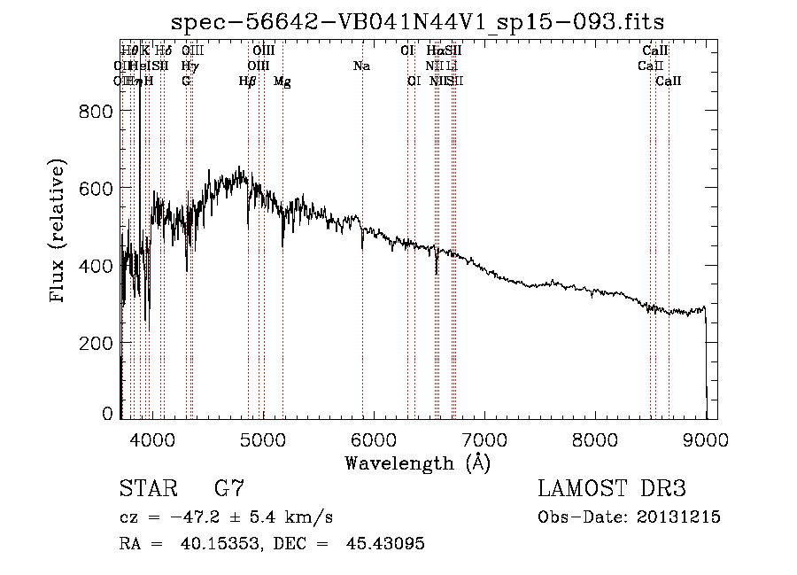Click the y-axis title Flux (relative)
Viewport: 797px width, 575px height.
[x=59, y=233]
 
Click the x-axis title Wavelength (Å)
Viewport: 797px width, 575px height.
[x=418, y=462]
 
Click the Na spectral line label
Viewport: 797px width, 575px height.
[x=361, y=66]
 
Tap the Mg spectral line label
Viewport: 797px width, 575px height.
[x=282, y=82]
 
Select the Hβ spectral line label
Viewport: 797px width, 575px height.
[x=248, y=82]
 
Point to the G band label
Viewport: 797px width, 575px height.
[x=186, y=82]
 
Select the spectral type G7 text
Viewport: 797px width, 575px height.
[x=229, y=489]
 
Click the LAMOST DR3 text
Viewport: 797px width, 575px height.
[x=611, y=489]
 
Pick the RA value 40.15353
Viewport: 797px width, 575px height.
[x=205, y=544]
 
